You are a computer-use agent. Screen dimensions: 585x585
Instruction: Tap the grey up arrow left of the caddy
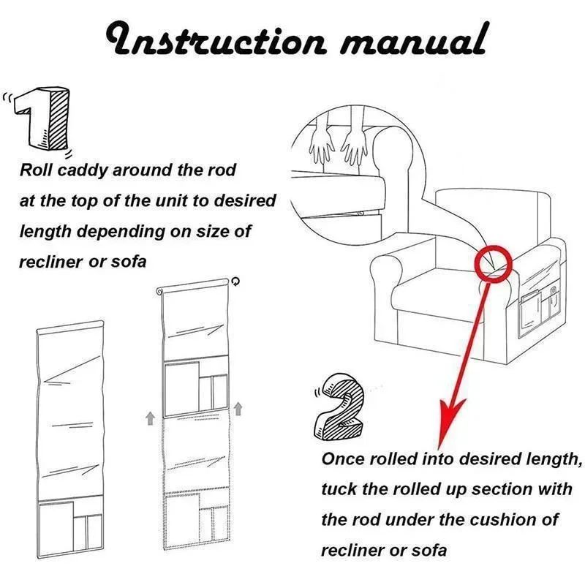[150, 418]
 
